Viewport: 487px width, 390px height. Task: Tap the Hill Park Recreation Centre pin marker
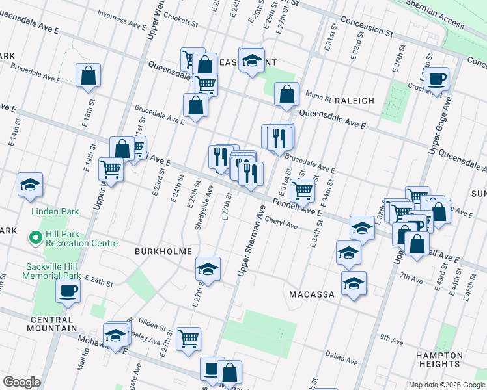coord(35,238)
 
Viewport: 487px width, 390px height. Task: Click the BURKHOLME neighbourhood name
coord(163,251)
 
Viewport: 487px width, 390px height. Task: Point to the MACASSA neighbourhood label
coord(312,294)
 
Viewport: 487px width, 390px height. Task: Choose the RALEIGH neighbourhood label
coord(355,101)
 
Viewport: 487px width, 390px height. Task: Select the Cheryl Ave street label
coord(281,223)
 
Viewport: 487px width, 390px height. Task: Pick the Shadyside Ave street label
coord(204,207)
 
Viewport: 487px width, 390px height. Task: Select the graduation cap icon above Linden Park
coord(30,185)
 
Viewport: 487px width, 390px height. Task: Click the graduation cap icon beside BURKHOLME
coord(208,269)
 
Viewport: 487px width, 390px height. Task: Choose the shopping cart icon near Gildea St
coord(188,337)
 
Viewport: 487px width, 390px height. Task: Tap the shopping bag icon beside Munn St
coord(286,95)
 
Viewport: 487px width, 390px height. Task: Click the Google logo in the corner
coord(21,382)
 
